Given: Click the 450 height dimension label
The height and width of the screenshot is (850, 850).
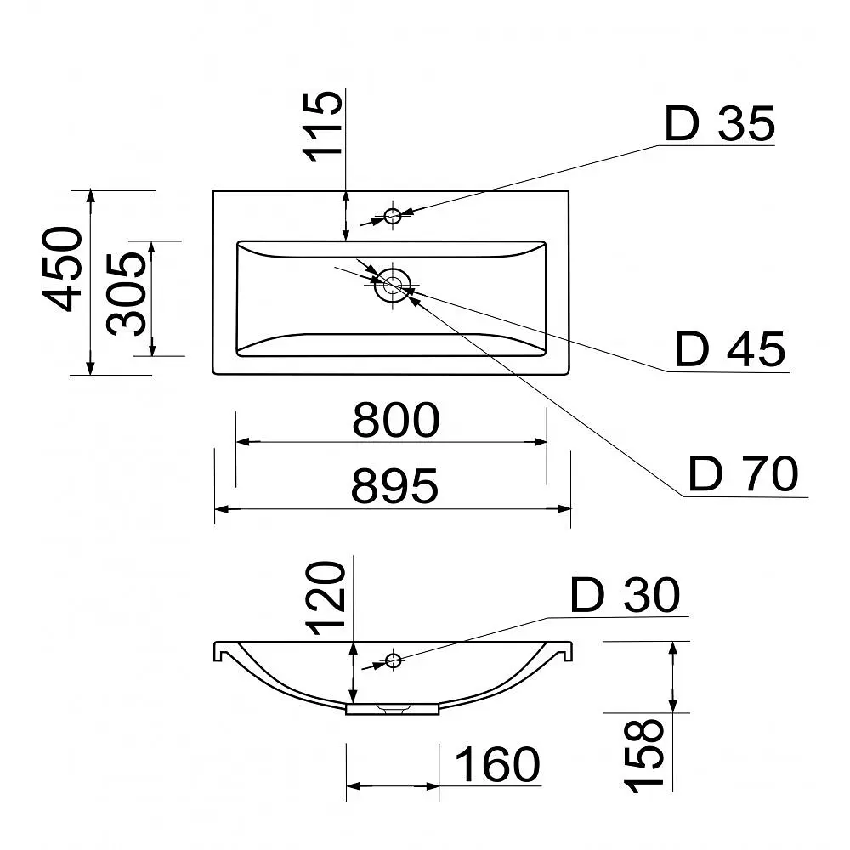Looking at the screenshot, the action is coord(62,269).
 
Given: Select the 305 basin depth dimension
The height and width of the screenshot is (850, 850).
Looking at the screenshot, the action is coord(127,293).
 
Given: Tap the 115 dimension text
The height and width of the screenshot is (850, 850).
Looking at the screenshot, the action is coord(323,127).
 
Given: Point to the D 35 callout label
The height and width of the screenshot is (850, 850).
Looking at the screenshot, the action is coord(720,124).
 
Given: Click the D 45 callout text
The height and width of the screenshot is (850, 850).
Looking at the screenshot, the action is coord(730,349).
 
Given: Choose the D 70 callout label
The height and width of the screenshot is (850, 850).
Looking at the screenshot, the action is coord(744,473).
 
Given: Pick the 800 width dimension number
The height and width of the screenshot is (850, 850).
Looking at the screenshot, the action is coord(396,420).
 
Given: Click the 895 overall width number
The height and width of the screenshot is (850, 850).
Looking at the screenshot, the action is coord(394,486).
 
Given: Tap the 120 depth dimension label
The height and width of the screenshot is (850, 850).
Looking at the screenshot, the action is coord(326,598).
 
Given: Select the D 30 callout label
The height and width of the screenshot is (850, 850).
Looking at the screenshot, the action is coord(625,595).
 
